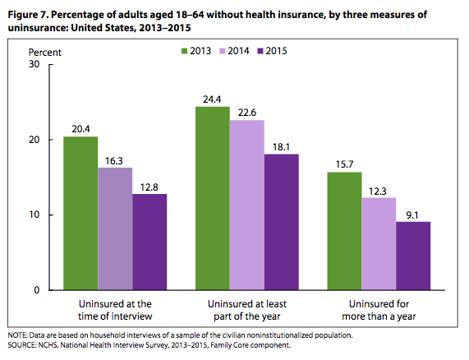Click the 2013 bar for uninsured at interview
coord(80,213)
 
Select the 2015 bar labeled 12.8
coord(149,242)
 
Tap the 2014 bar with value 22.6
coord(247,205)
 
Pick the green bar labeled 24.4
coord(213,198)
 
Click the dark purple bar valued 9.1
coord(413,256)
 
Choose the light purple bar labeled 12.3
coord(379,243)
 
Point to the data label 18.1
coord(281,147)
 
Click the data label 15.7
coord(345,164)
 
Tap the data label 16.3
coord(114,161)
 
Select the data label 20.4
coord(80,129)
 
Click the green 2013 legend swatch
coord(184,51)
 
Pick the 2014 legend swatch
coord(222,51)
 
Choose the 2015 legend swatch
coord(260,51)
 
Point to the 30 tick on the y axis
coord(34,64)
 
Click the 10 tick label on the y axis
coord(34,215)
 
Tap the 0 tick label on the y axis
coord(36,290)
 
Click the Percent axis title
coord(45,53)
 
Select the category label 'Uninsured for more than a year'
coord(379,310)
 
